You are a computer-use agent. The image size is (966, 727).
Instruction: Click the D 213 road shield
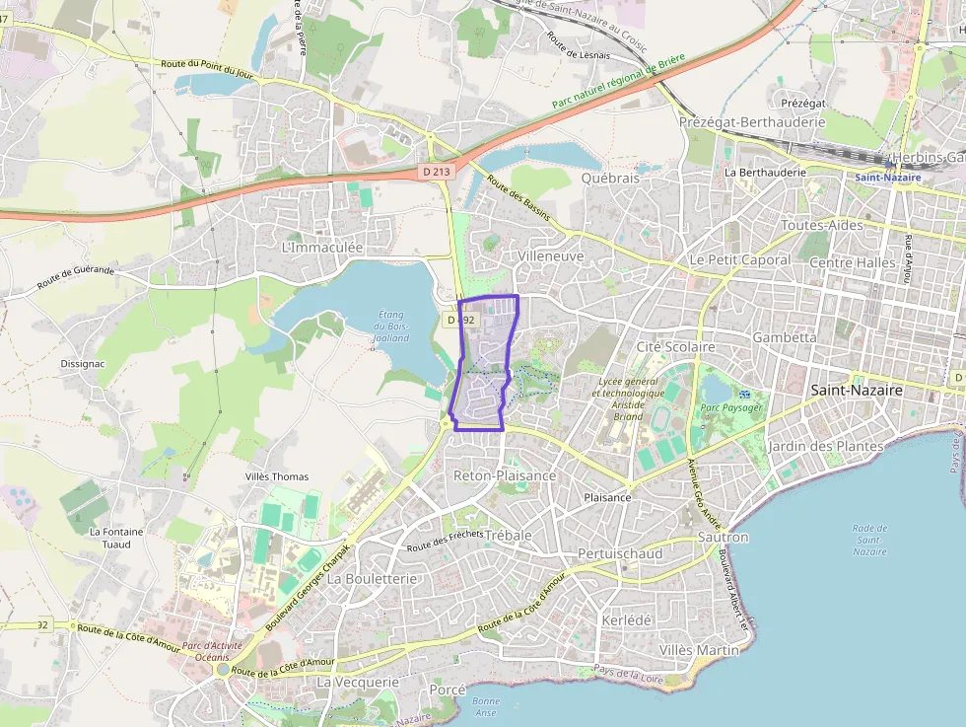(x=436, y=172)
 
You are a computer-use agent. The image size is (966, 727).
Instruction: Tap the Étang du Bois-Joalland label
(x=391, y=326)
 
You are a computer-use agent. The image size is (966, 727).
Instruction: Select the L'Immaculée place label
(x=322, y=247)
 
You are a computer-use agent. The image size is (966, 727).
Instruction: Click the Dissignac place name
(x=83, y=363)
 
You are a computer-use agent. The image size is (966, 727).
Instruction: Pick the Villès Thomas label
(x=276, y=476)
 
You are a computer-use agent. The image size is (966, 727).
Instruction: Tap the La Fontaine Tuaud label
(x=116, y=538)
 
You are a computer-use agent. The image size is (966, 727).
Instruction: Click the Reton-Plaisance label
(x=505, y=475)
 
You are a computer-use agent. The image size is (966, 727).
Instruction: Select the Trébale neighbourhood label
(x=509, y=535)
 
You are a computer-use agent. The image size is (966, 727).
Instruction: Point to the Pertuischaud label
(x=620, y=553)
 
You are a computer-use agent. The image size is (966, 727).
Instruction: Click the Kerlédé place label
(x=626, y=619)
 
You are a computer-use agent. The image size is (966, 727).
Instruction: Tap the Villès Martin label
(x=698, y=650)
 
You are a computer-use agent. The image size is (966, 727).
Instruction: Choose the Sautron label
(x=723, y=538)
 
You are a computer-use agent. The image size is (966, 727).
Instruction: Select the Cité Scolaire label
(x=676, y=347)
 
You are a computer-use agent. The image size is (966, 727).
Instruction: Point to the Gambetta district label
(x=785, y=336)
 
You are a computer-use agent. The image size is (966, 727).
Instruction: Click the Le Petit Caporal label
(x=739, y=259)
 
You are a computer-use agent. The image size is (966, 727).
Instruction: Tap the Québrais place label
(x=610, y=179)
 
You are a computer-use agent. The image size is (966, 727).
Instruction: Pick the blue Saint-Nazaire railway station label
(x=887, y=178)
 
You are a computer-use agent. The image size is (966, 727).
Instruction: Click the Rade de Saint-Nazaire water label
(x=869, y=540)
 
